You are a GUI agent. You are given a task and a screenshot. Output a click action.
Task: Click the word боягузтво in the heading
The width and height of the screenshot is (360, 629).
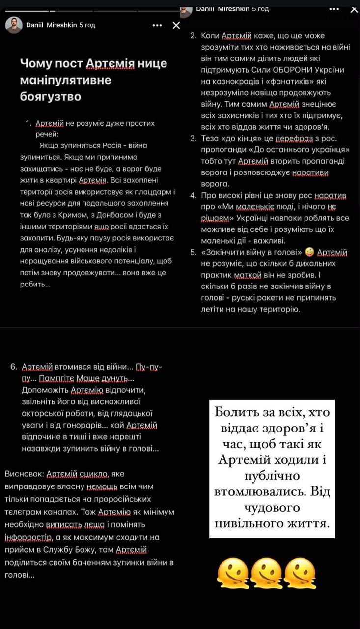[51, 97]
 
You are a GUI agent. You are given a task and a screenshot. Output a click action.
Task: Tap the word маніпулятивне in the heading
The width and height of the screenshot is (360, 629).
[65, 80]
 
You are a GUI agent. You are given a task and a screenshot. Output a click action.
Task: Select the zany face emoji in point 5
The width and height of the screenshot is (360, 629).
[309, 252]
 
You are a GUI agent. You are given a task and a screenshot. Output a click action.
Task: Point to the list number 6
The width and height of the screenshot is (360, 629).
[13, 367]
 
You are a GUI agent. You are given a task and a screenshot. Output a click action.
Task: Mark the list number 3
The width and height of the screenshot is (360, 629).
[194, 138]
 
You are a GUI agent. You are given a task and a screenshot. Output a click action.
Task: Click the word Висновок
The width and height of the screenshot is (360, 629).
[24, 474]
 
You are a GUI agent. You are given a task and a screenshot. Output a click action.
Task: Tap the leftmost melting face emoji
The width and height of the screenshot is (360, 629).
[233, 573]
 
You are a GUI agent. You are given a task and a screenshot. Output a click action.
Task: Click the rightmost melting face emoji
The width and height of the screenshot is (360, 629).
[299, 573]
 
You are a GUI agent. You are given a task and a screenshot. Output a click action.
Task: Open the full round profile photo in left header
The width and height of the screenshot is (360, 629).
[14, 25]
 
